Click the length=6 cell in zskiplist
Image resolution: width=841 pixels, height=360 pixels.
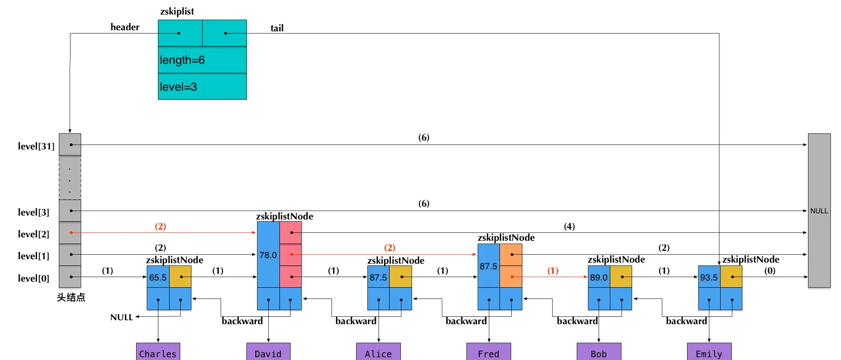[x=202, y=60]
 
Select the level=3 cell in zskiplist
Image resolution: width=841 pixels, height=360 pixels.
[x=202, y=87]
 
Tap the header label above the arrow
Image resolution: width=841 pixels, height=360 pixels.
[x=125, y=27]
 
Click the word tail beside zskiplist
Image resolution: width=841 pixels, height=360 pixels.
[x=277, y=28]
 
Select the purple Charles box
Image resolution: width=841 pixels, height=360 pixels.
[x=158, y=352]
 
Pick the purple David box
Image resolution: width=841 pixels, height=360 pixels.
[x=268, y=352]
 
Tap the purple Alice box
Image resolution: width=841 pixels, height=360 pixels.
[x=379, y=352]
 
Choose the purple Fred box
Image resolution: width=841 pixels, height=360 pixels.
[x=489, y=352]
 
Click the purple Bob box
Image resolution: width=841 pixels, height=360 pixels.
[x=599, y=352]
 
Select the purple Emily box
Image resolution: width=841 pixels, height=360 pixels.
[x=709, y=352]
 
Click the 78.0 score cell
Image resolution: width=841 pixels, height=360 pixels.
[x=268, y=255]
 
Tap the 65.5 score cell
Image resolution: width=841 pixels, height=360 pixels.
[x=157, y=277]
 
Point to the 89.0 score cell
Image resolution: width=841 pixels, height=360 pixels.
[x=599, y=277]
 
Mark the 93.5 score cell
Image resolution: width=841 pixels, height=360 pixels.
[x=709, y=277]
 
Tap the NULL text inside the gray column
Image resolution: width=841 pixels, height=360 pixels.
[x=819, y=211]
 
